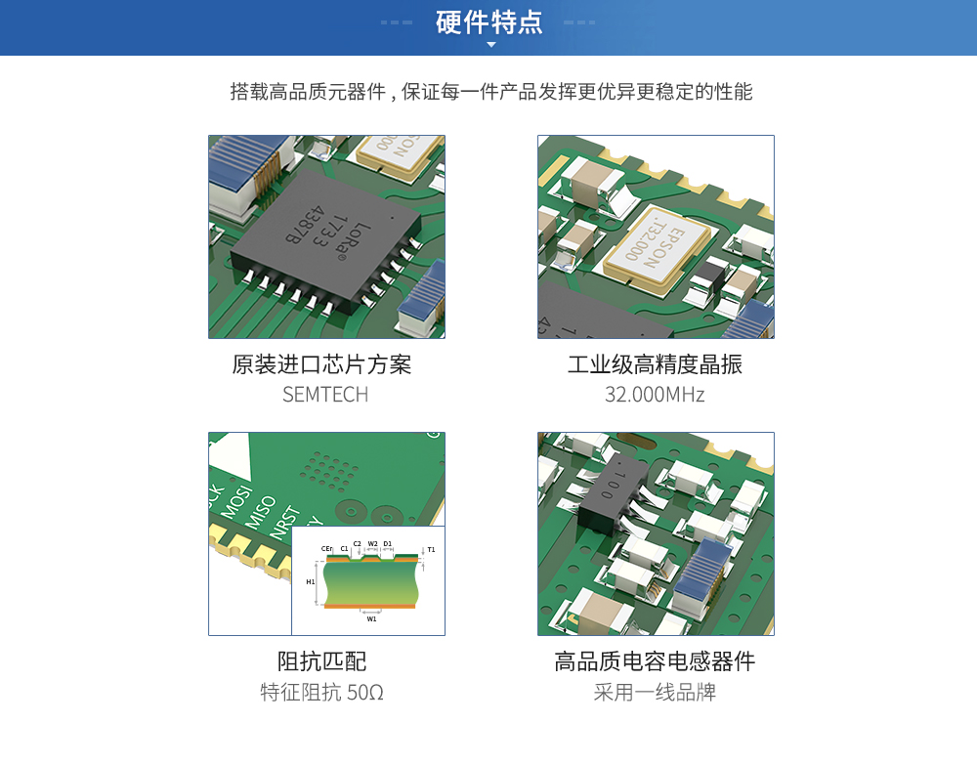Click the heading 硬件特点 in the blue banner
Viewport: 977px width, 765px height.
[489, 22]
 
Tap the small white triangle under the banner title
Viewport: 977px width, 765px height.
[491, 45]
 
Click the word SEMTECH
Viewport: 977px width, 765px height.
[325, 395]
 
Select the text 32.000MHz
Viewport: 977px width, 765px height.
[655, 395]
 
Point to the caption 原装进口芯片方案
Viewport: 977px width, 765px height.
[321, 364]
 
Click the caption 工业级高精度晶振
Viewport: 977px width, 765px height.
[655, 364]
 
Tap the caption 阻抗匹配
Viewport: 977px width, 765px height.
[321, 661]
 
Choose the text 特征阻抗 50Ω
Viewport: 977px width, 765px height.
[321, 692]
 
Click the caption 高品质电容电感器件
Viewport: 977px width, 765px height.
[655, 661]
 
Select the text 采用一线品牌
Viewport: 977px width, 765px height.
[655, 692]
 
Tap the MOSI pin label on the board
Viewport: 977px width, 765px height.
[237, 501]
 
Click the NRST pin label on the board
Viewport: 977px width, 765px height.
[284, 522]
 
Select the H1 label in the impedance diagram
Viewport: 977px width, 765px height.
[311, 582]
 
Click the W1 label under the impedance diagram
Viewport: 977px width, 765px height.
[371, 618]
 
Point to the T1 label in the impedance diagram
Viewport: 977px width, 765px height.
[431, 549]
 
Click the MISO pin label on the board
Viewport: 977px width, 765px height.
[261, 512]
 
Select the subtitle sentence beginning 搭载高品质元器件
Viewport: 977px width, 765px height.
[491, 92]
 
